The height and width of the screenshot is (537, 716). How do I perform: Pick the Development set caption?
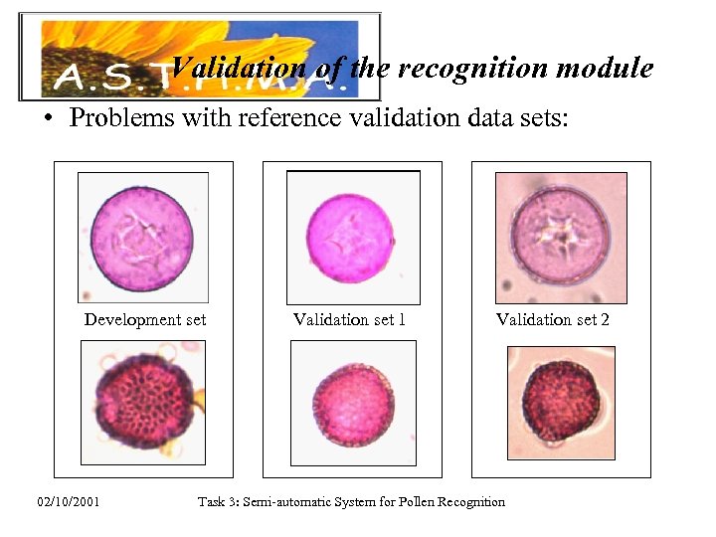click(145, 319)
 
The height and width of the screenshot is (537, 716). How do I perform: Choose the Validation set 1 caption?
click(349, 319)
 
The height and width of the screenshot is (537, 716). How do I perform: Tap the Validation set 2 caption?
click(553, 319)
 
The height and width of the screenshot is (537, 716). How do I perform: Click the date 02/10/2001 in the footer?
click(69, 501)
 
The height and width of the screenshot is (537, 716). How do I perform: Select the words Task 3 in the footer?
click(217, 501)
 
